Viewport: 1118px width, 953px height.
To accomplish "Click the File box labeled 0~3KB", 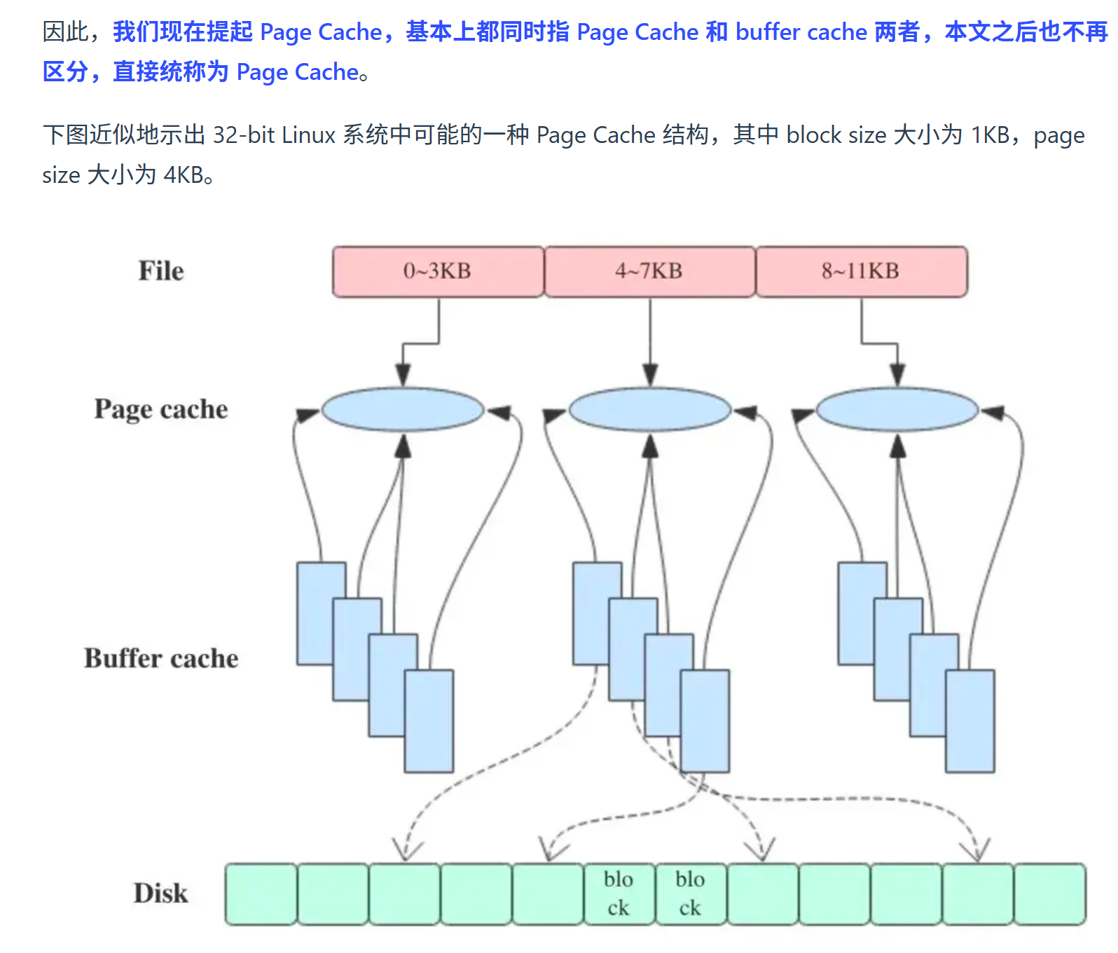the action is pyautogui.click(x=439, y=271).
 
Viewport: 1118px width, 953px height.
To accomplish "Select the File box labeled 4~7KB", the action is pyautogui.click(x=650, y=271).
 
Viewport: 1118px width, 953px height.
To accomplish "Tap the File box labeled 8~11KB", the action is pyautogui.click(x=862, y=271).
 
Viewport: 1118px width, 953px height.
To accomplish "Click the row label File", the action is pyautogui.click(x=161, y=271).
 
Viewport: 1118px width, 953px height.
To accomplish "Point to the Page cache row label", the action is pyautogui.click(x=161, y=409).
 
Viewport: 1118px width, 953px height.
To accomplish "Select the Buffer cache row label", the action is pyautogui.click(x=161, y=658).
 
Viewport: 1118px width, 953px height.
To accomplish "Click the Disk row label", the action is pyautogui.click(x=161, y=893).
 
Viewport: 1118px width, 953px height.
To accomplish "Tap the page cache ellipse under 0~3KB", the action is pyautogui.click(x=403, y=410).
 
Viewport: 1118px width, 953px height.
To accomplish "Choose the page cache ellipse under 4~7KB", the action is pyautogui.click(x=650, y=410).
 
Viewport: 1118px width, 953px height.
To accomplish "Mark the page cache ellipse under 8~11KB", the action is pyautogui.click(x=897, y=410).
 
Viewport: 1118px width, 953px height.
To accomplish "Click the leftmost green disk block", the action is pyautogui.click(x=261, y=894).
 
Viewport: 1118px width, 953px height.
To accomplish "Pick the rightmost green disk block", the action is pyautogui.click(x=1050, y=894).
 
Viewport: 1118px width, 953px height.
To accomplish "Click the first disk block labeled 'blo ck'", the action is pyautogui.click(x=619, y=894).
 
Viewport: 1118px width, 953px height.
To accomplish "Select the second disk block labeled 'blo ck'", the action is pyautogui.click(x=691, y=894).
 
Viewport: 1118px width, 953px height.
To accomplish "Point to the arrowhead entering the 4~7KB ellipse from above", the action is pyautogui.click(x=650, y=376).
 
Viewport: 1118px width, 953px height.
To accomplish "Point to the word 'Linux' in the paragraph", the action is pyautogui.click(x=309, y=135).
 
